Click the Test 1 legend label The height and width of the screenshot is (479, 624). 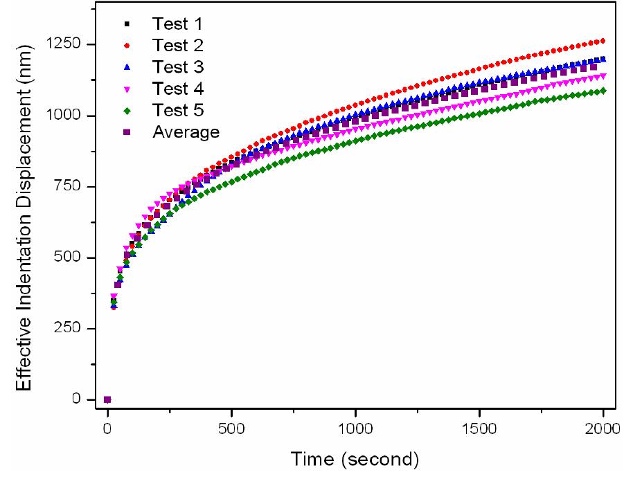[x=178, y=25]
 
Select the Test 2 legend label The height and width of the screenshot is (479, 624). [x=178, y=46]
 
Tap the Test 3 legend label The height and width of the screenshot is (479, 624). [x=178, y=68]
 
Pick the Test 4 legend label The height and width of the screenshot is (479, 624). [x=178, y=89]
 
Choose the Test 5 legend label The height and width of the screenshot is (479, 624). [x=178, y=111]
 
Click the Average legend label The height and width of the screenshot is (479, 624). [x=186, y=132]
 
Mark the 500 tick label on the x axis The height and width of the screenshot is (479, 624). [x=231, y=426]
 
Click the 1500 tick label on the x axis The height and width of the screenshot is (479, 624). [x=479, y=426]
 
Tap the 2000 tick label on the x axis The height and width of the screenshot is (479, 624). [x=603, y=426]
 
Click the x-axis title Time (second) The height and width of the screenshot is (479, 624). [x=355, y=459]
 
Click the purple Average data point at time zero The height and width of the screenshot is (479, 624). [x=107, y=399]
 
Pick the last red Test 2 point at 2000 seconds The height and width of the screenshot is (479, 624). [x=603, y=41]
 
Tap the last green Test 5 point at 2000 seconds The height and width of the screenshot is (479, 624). [x=603, y=91]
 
